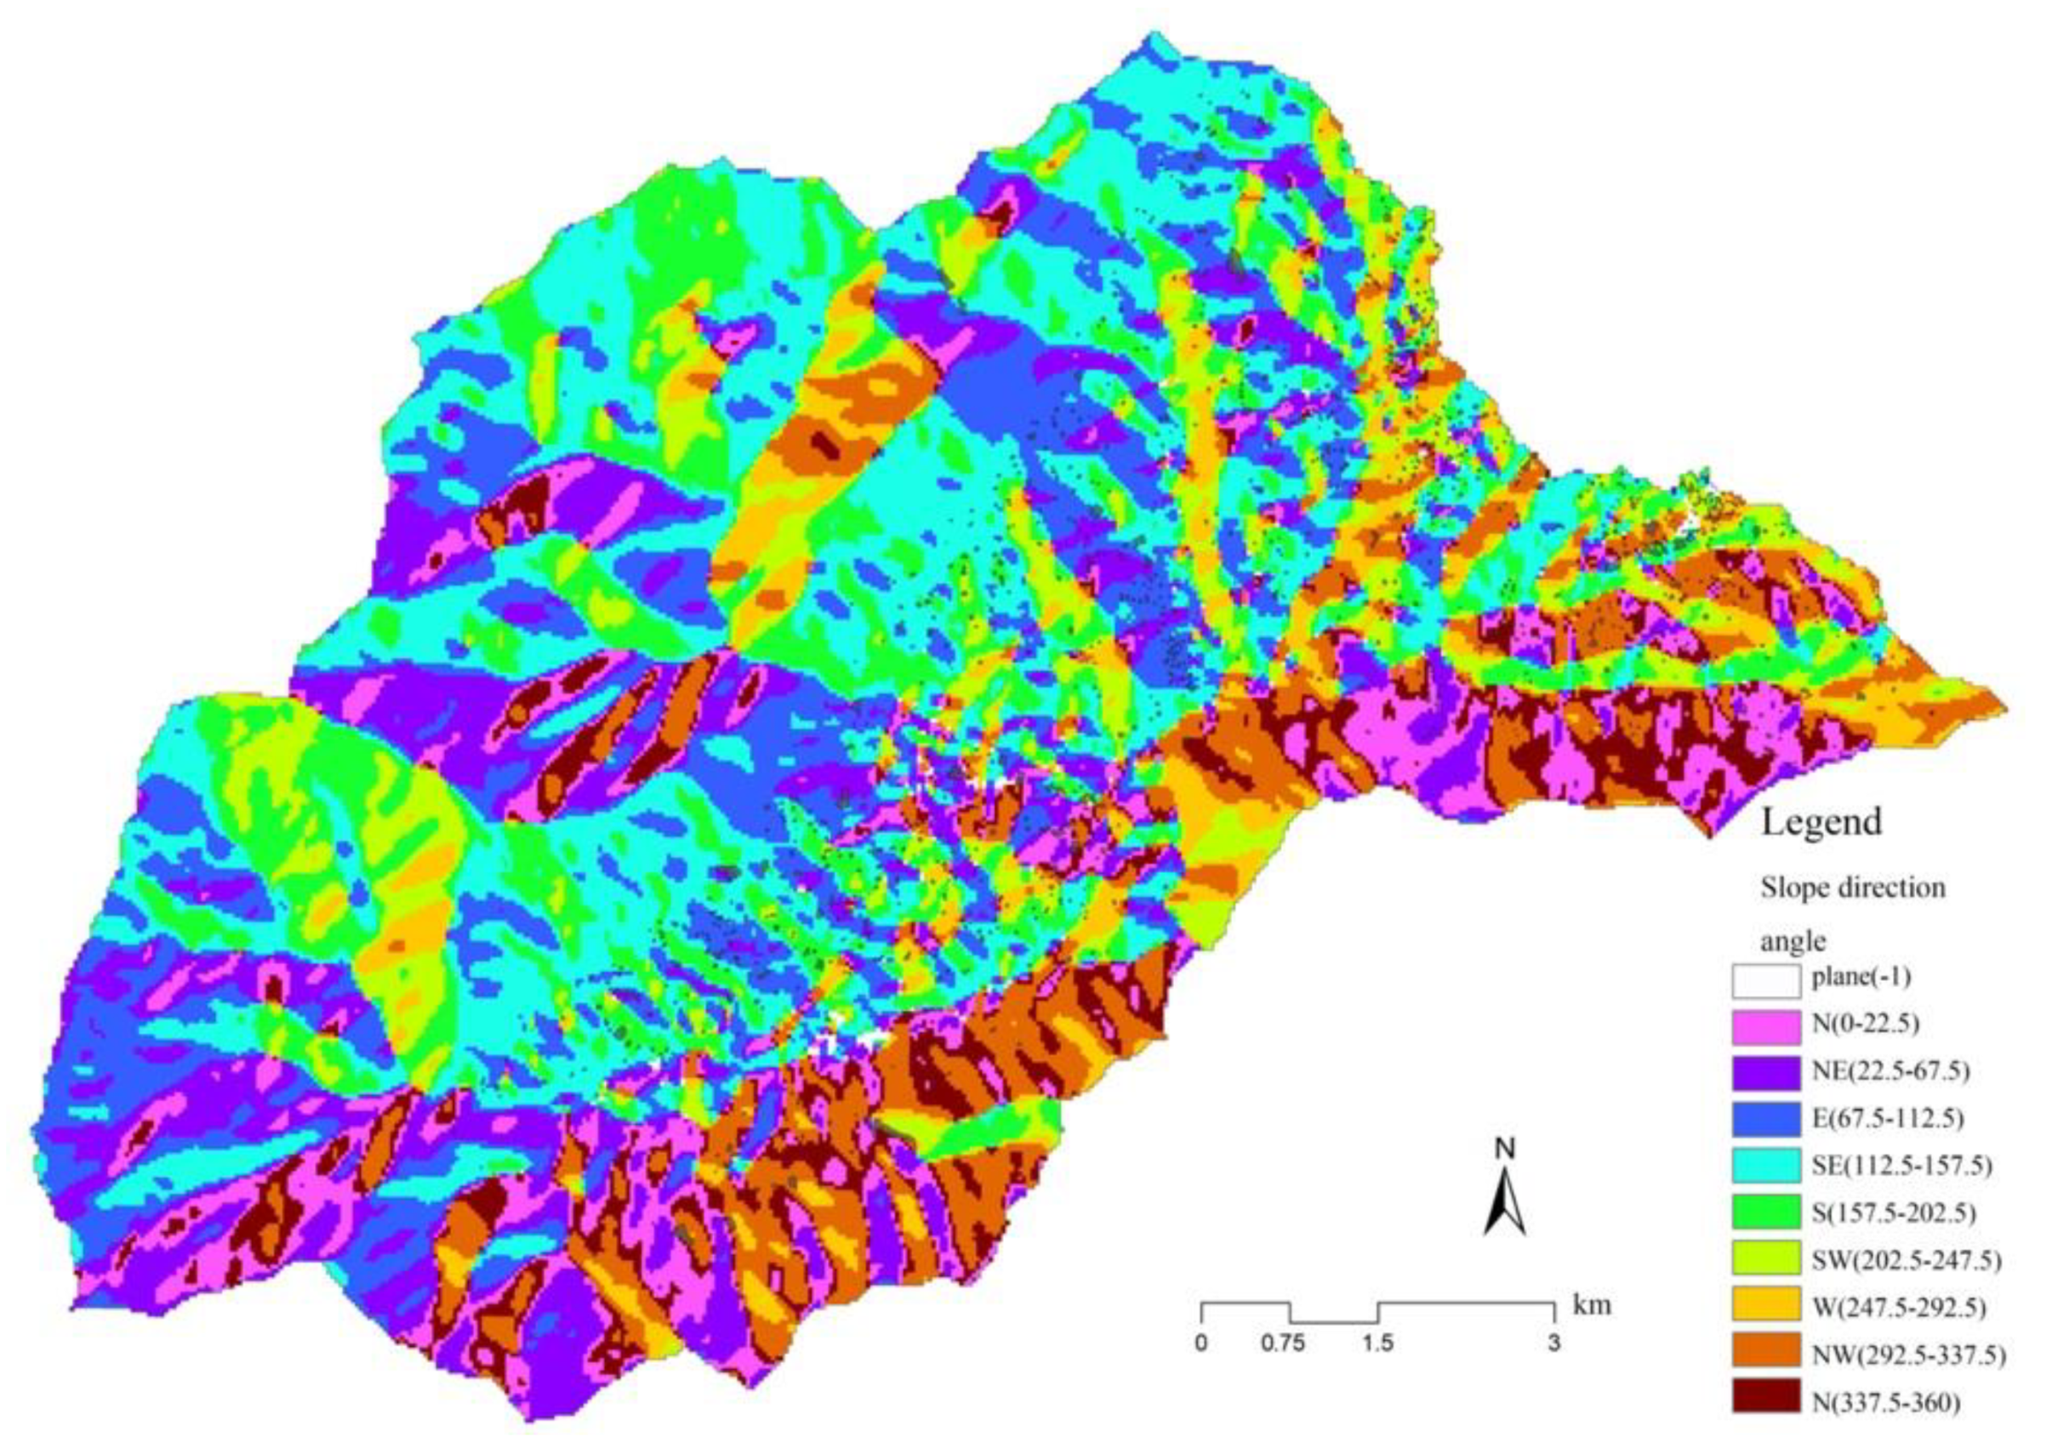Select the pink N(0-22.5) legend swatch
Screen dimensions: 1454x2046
click(x=1766, y=1026)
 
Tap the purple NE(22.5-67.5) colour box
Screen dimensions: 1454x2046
click(x=1766, y=1073)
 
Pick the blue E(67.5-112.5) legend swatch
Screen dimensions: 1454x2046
click(x=1766, y=1119)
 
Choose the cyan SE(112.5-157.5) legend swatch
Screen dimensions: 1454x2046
click(x=1766, y=1166)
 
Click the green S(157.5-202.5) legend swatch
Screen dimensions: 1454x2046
click(x=1766, y=1212)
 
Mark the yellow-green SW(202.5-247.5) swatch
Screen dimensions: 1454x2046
click(x=1766, y=1259)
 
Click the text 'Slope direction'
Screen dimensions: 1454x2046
click(x=1853, y=887)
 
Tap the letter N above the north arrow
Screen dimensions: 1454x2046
click(x=1507, y=1148)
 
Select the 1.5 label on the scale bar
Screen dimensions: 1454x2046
click(x=1377, y=1344)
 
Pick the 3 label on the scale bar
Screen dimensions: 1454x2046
click(x=1554, y=1344)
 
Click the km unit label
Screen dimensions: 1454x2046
click(x=1593, y=1304)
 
